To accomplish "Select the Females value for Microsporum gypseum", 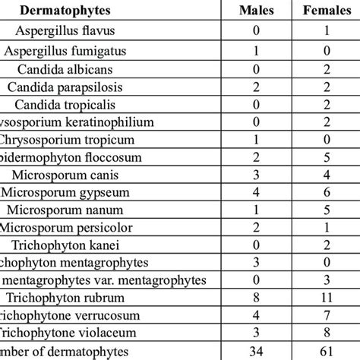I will click(x=324, y=191).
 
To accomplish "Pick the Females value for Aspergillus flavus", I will click(x=324, y=31).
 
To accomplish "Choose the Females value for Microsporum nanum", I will click(x=324, y=209).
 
